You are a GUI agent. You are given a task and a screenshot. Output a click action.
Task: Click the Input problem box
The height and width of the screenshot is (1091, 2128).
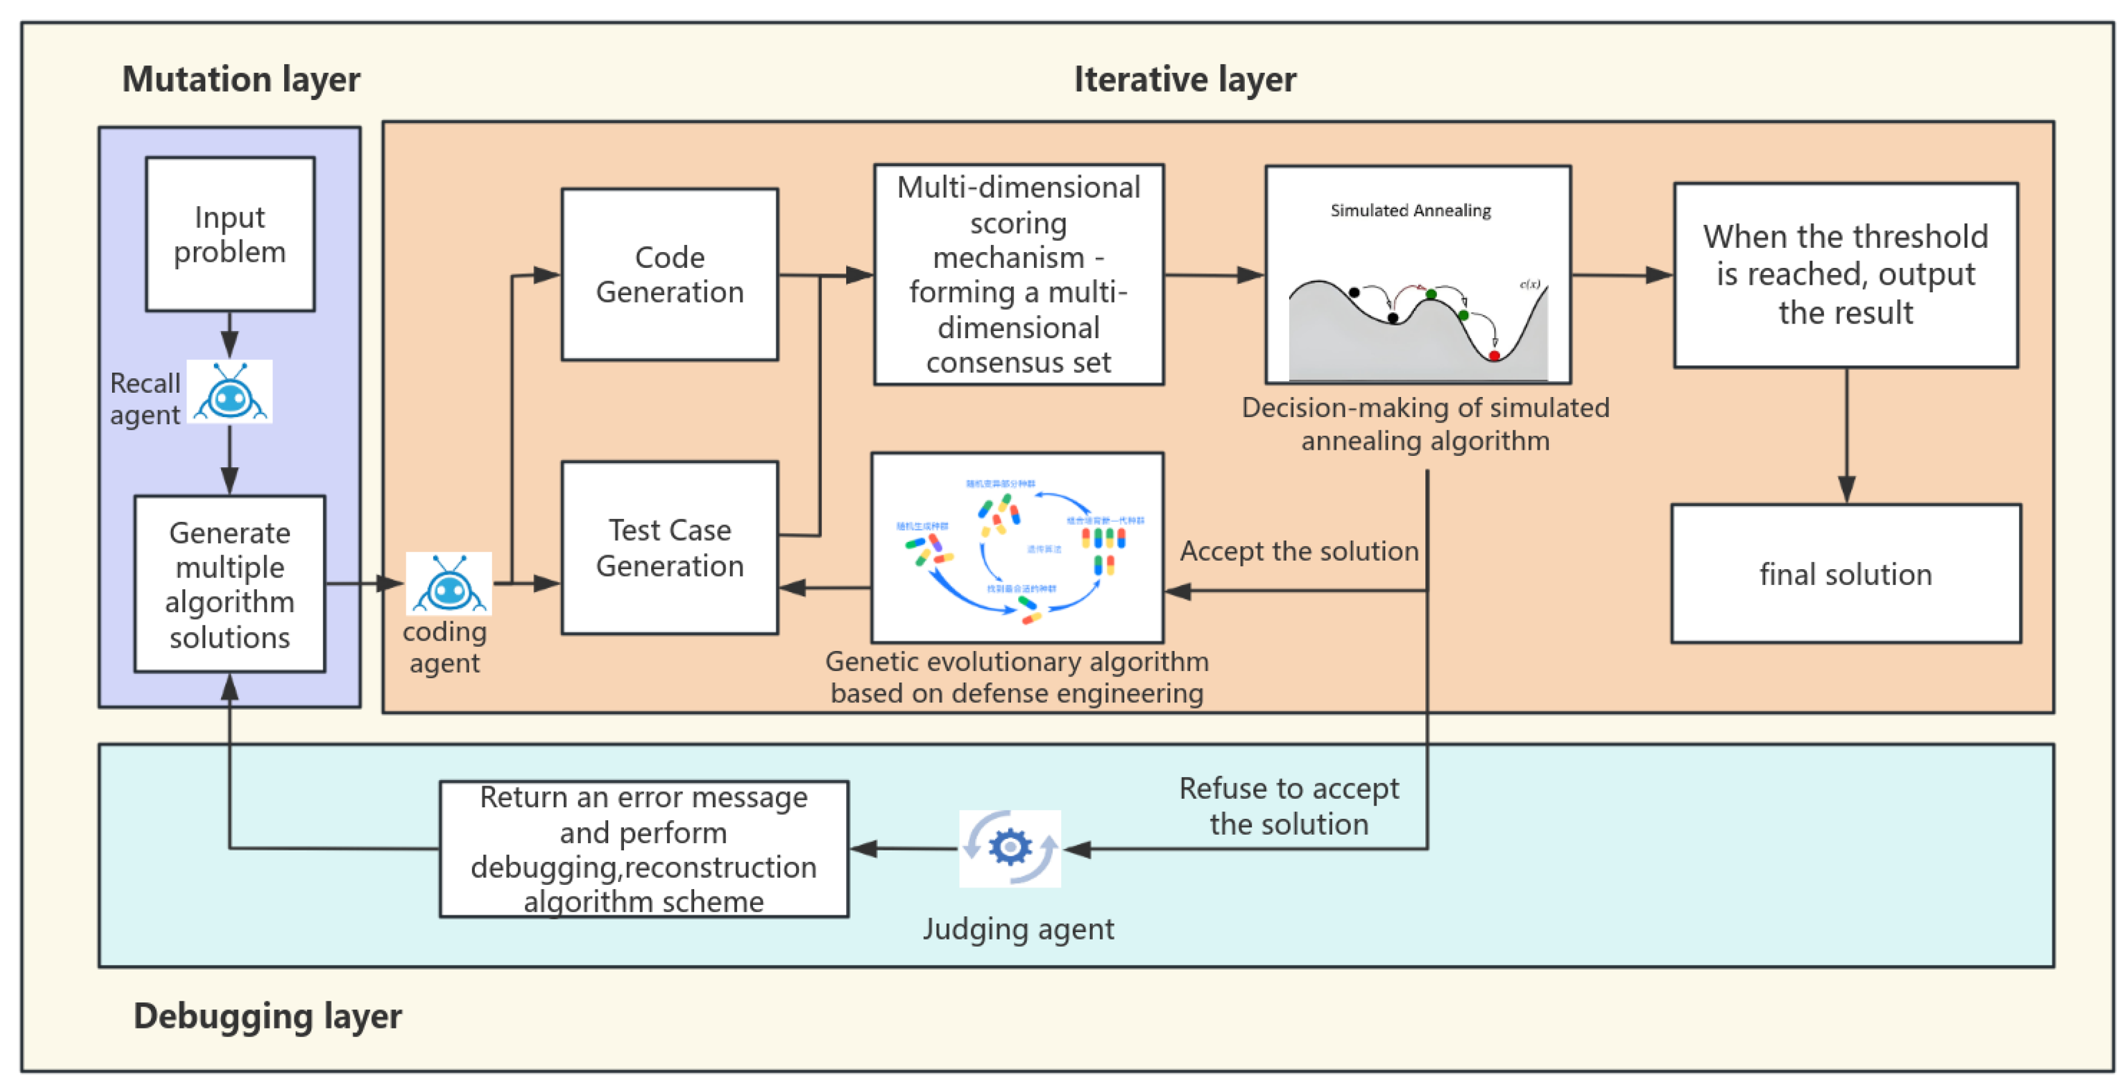click(230, 234)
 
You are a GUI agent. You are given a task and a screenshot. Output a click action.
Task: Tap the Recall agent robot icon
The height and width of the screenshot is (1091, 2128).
click(230, 393)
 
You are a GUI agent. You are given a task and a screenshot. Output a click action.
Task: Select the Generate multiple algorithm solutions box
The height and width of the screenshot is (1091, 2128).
click(230, 584)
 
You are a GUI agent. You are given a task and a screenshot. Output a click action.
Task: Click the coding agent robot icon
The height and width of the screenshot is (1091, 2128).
click(449, 584)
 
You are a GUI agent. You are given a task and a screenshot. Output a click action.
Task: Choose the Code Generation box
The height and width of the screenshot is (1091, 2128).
click(669, 275)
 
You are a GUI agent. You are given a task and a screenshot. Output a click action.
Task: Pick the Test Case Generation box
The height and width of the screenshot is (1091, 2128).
click(669, 547)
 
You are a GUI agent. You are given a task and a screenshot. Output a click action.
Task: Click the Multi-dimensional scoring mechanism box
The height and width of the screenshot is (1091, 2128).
click(1018, 275)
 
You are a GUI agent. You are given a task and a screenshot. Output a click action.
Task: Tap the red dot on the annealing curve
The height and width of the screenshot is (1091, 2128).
click(1494, 355)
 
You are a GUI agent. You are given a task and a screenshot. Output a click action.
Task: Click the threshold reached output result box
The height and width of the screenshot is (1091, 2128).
click(1846, 275)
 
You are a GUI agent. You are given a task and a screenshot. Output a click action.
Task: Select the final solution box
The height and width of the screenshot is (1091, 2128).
click(1846, 573)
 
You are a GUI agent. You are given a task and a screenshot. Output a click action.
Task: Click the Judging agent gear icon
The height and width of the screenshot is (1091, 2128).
click(1009, 848)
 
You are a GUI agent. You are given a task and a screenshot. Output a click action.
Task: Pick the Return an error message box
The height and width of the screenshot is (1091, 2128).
click(643, 849)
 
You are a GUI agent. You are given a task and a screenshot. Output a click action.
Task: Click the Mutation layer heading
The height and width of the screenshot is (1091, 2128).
click(240, 79)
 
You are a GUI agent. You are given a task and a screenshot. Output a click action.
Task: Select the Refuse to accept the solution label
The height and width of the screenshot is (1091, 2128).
click(1288, 806)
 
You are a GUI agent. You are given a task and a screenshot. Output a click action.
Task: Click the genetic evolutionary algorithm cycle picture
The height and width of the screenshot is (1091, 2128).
click(1017, 547)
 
